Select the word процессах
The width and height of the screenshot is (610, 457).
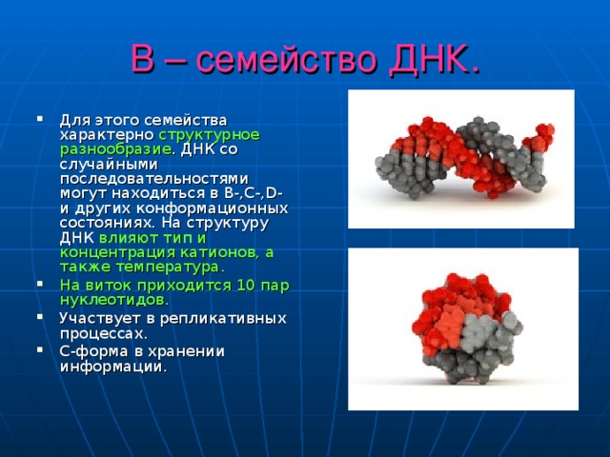pos(103,333)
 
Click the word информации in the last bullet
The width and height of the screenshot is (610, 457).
pos(112,365)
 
